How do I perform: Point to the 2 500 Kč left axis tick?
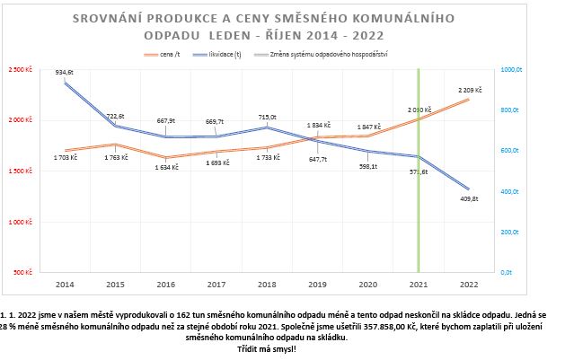point(20,70)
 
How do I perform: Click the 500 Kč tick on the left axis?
point(23,271)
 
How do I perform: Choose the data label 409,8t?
point(470,199)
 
